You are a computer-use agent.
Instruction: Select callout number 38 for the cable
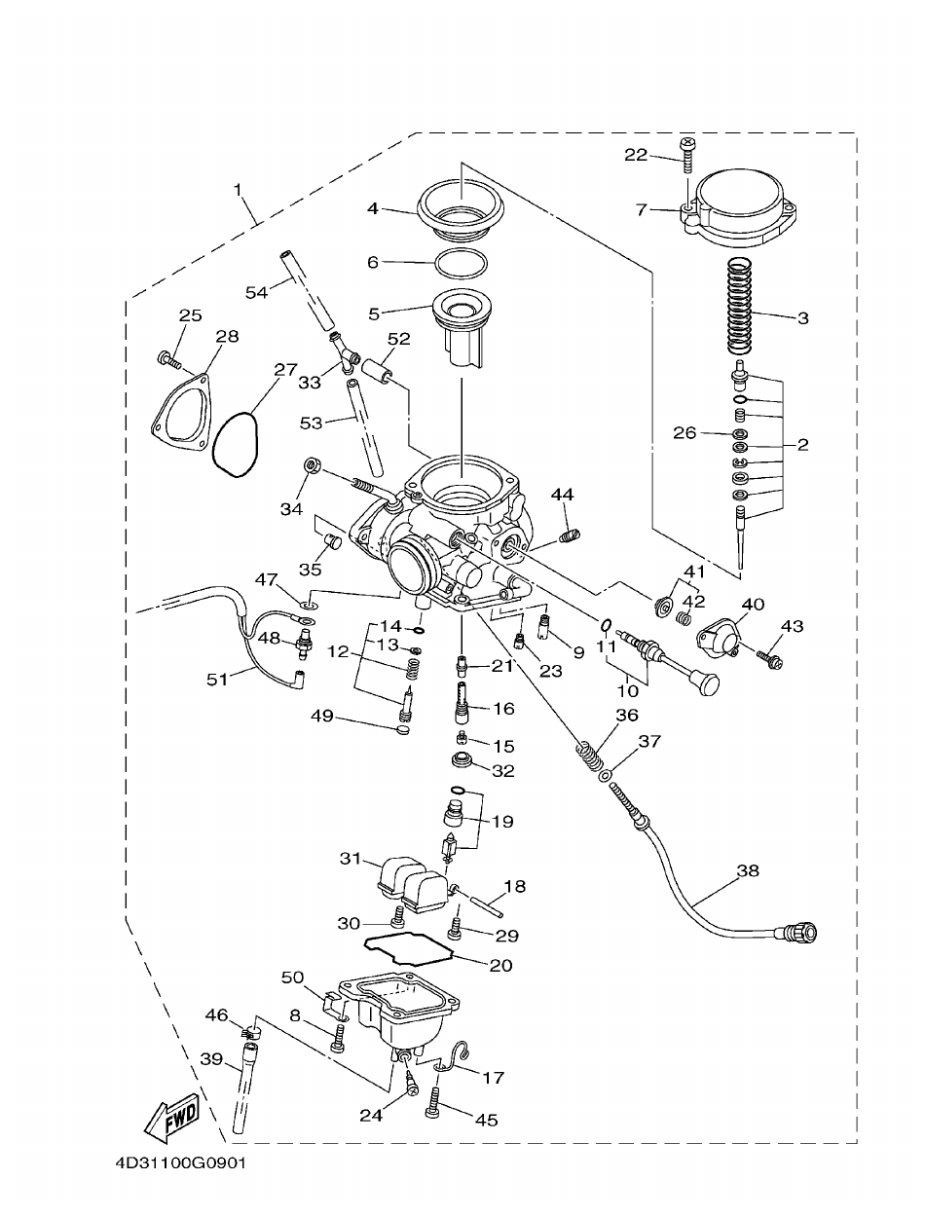click(x=747, y=871)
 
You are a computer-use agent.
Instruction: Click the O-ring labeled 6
click(x=459, y=263)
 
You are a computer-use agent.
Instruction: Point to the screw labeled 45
click(x=433, y=1104)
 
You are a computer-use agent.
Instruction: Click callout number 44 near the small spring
click(x=561, y=496)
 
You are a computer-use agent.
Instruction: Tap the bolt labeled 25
click(x=168, y=361)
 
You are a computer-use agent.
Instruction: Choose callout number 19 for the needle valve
click(x=502, y=821)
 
